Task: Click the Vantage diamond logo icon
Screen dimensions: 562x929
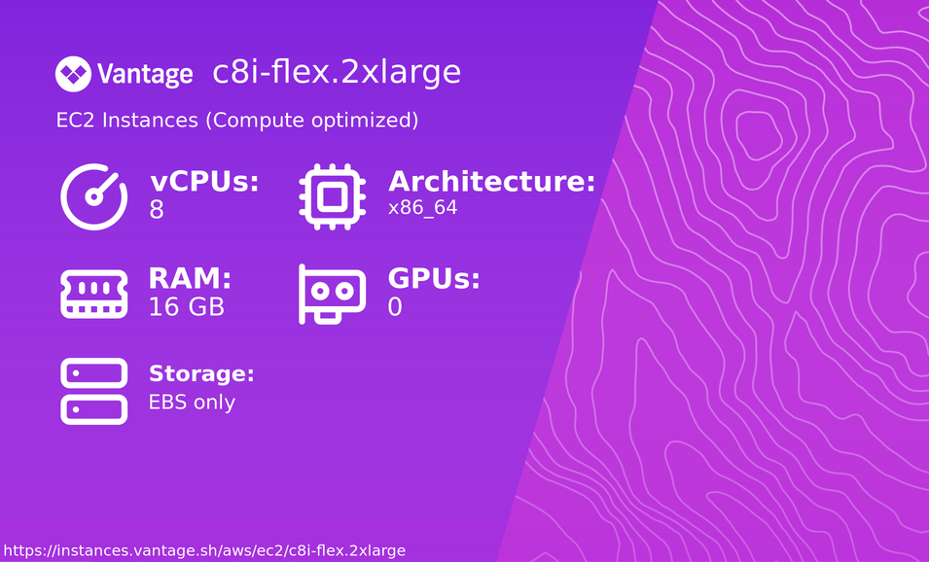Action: point(73,73)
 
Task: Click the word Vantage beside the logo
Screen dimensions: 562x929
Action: point(145,74)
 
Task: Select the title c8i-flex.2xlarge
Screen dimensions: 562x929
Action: point(337,72)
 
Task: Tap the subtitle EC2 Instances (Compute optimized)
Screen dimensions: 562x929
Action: point(237,121)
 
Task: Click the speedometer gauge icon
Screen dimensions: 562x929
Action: point(94,196)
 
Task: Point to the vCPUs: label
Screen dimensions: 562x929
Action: point(204,182)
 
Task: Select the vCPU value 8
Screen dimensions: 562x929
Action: point(157,209)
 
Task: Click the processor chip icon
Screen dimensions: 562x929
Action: point(332,196)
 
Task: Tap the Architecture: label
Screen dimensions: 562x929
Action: point(491,182)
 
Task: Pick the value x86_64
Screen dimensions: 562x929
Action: point(422,208)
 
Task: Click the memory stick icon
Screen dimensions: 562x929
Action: point(94,294)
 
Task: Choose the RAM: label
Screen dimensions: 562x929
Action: point(190,279)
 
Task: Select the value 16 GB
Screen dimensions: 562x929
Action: point(186,307)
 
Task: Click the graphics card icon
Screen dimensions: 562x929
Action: point(332,294)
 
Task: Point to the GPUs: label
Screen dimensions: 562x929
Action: point(434,279)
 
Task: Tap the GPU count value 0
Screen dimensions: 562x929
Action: point(395,307)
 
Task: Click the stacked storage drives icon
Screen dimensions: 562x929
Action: point(94,391)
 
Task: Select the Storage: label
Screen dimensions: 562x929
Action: point(201,374)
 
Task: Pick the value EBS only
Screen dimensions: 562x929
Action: point(192,402)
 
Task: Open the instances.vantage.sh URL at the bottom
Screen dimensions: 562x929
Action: point(203,550)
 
